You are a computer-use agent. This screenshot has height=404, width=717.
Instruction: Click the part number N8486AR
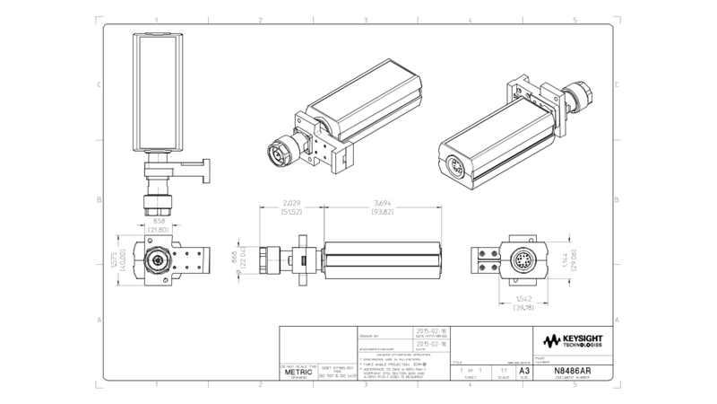click(573, 369)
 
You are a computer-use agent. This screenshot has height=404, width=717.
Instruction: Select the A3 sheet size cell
click(524, 369)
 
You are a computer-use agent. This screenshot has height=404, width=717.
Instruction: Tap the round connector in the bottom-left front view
click(159, 261)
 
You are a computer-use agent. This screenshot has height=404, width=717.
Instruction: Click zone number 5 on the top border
click(574, 19)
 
